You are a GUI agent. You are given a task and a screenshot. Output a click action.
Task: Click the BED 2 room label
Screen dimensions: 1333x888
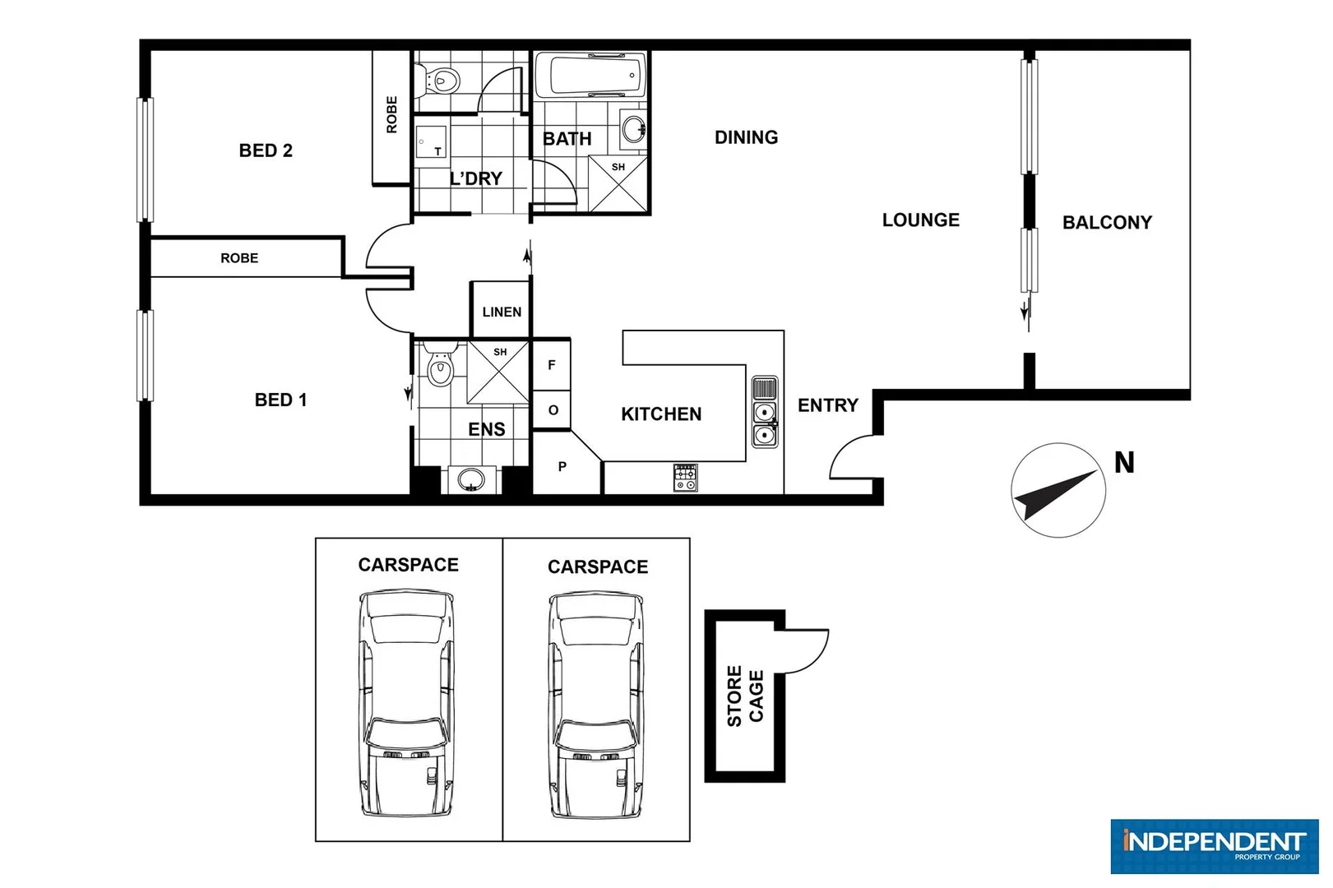266,150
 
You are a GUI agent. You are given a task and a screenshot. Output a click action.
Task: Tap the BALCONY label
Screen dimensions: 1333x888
1107,222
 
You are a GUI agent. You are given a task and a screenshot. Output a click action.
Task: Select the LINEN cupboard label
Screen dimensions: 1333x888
502,312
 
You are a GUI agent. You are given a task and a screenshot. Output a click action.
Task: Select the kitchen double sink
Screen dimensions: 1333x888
765,423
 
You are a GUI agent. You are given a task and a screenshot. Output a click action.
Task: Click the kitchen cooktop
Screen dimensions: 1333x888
686,478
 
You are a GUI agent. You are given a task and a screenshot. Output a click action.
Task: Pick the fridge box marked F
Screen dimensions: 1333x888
552,364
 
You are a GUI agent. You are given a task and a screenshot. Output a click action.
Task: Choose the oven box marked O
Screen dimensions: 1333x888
553,409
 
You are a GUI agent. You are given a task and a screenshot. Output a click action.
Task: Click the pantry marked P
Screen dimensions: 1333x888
562,466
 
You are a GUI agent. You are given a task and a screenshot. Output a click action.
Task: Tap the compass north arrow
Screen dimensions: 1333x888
1058,491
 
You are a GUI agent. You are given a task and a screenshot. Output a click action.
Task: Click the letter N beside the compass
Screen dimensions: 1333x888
1124,463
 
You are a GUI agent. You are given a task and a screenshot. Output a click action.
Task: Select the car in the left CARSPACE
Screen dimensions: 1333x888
408,703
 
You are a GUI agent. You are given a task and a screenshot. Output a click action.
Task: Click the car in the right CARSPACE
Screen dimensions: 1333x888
597,705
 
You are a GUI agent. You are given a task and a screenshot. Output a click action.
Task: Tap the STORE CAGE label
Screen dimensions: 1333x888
745,696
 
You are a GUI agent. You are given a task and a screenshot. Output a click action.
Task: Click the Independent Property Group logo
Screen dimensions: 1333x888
1214,845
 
